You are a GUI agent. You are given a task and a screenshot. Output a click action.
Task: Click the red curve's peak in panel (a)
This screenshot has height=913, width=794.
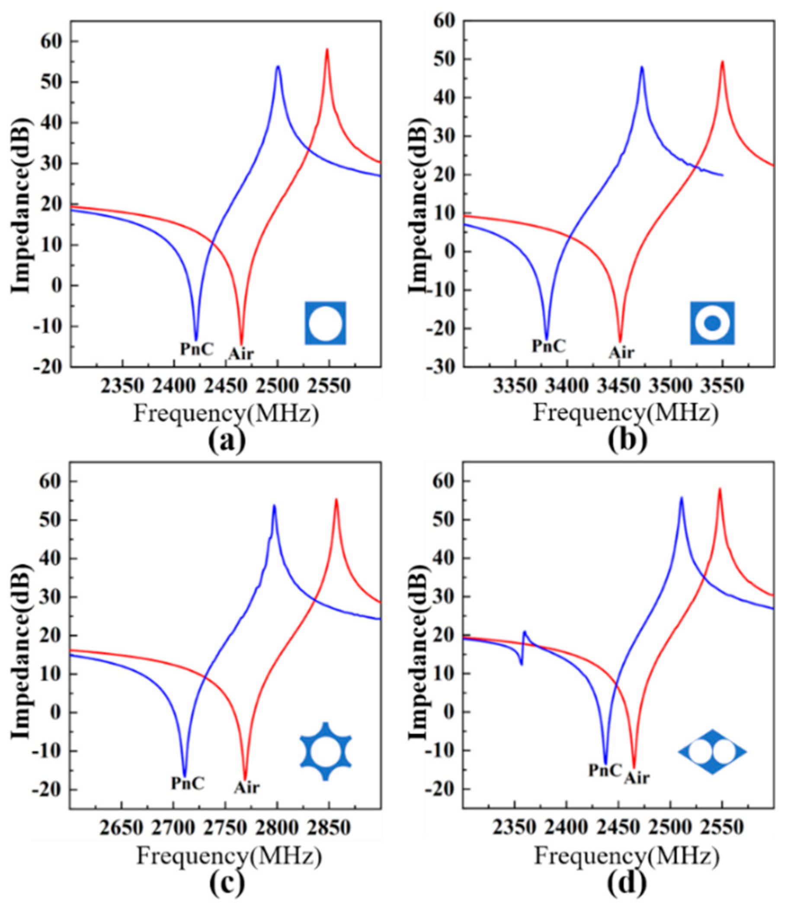[327, 50]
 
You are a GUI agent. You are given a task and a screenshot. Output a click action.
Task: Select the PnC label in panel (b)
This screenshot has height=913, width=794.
[549, 346]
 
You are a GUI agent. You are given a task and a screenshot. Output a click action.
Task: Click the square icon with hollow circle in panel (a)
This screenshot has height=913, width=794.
[325, 323]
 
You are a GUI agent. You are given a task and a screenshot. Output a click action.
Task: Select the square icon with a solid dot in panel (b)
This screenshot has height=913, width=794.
[712, 323]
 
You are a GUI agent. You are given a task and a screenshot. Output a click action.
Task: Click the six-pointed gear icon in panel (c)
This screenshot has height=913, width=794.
[326, 751]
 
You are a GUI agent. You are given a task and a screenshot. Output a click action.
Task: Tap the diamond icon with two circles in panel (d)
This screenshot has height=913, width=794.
[712, 752]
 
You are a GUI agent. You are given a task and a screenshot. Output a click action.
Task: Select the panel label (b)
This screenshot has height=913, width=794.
[628, 440]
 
